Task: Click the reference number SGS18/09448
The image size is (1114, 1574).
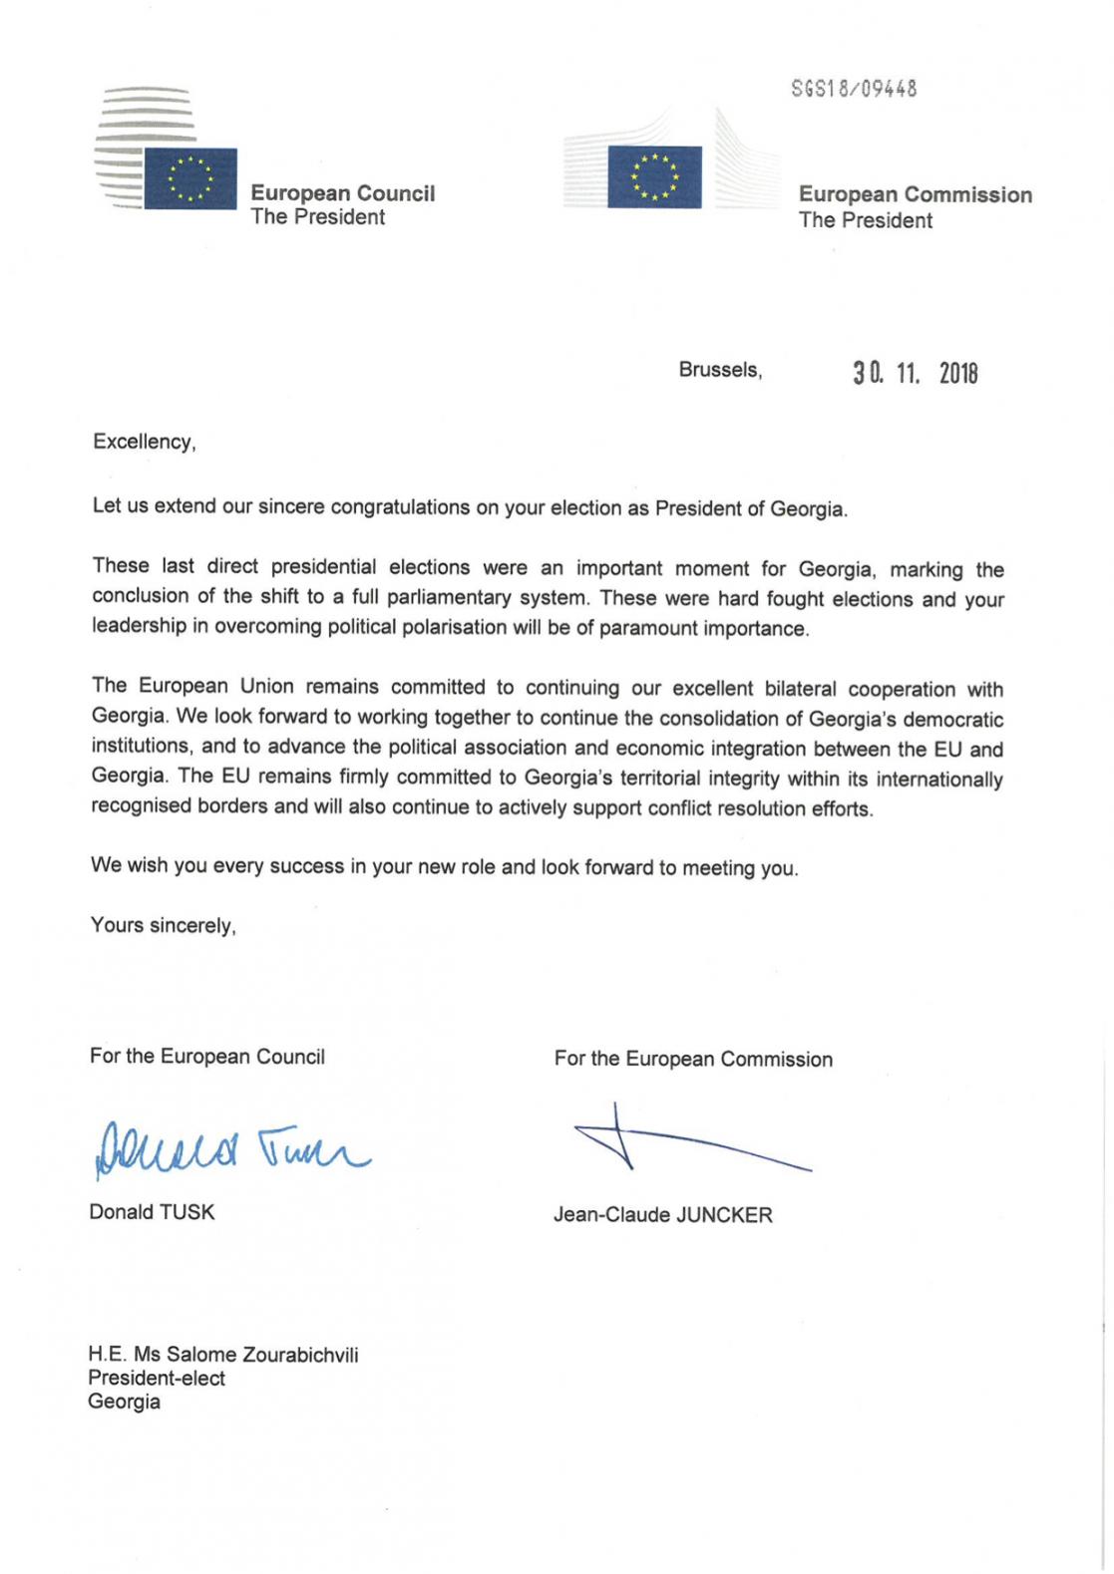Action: (853, 89)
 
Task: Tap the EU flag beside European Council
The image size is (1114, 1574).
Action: (190, 178)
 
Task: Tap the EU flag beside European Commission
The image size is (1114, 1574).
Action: (654, 176)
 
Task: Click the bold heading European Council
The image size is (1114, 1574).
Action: (342, 193)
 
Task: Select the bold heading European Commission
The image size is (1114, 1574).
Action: (915, 194)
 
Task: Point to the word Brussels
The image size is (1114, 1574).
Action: (719, 370)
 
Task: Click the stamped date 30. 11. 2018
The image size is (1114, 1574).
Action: (915, 374)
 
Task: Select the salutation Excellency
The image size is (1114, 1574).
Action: (144, 442)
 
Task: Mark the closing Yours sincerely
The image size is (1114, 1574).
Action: (163, 926)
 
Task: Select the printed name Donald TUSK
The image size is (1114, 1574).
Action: (152, 1212)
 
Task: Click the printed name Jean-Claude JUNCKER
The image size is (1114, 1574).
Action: (662, 1215)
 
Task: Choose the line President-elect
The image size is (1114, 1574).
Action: (157, 1379)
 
